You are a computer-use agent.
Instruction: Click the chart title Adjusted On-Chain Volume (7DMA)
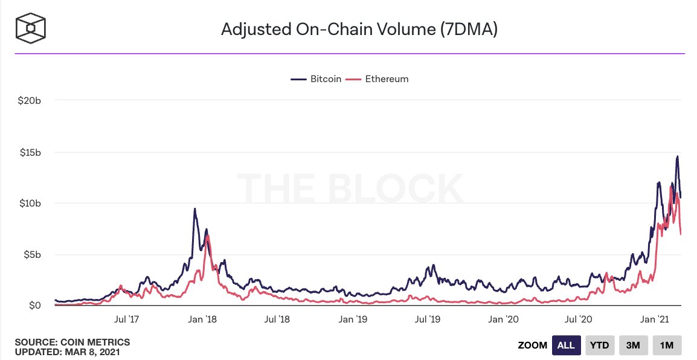click(x=359, y=29)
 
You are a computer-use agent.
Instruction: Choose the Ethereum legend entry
click(x=381, y=79)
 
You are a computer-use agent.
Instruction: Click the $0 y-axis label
click(x=35, y=306)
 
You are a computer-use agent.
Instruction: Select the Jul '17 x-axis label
click(x=127, y=318)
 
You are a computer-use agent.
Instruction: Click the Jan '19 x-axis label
click(x=353, y=318)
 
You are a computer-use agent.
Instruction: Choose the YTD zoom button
click(x=600, y=346)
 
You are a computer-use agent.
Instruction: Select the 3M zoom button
click(x=633, y=346)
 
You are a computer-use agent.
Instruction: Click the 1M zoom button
click(x=667, y=346)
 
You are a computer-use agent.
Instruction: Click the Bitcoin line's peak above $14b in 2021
click(x=677, y=156)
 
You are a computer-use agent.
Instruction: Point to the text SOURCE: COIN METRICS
click(x=72, y=342)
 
